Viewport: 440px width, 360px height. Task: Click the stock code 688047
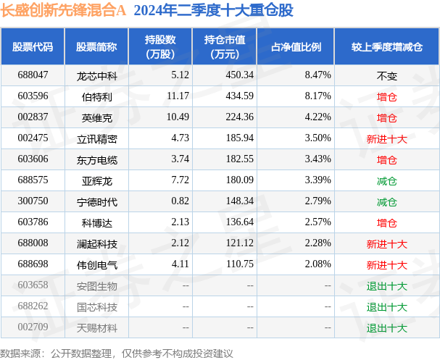pyautogui.click(x=33, y=75)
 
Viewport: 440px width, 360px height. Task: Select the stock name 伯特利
pyautogui.click(x=96, y=96)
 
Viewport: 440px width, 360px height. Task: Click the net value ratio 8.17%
pyautogui.click(x=318, y=96)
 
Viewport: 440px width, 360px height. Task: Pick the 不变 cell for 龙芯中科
pyautogui.click(x=386, y=75)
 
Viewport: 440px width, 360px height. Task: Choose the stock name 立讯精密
pyautogui.click(x=96, y=138)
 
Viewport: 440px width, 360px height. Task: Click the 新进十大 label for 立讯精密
pyautogui.click(x=386, y=138)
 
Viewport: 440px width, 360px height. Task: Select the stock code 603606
pyautogui.click(x=33, y=159)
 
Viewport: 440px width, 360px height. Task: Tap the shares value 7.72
pyautogui.click(x=160, y=180)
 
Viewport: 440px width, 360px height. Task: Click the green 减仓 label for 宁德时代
pyautogui.click(x=386, y=201)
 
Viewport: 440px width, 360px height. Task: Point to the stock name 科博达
pyautogui.click(x=96, y=222)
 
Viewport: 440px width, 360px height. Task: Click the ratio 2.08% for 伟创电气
pyautogui.click(x=318, y=264)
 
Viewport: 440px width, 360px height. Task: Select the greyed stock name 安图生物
pyautogui.click(x=96, y=286)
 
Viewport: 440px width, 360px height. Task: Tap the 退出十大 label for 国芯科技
pyautogui.click(x=386, y=307)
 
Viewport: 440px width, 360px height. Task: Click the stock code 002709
pyautogui.click(x=33, y=328)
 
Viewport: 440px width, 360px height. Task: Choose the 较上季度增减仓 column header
pyautogui.click(x=386, y=46)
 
